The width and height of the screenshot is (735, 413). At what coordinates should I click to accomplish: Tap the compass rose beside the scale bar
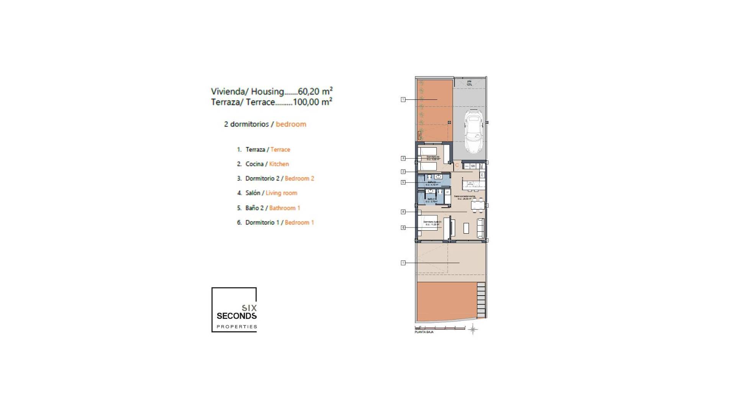click(x=473, y=329)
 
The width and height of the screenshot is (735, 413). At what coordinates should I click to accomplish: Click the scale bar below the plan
click(x=440, y=328)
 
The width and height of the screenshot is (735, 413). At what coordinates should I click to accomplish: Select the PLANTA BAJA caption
click(x=424, y=332)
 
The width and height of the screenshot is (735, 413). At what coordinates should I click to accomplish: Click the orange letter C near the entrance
click(x=457, y=165)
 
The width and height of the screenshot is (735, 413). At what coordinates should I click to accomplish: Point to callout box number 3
click(x=403, y=158)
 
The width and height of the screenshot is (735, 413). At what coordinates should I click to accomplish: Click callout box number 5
click(x=403, y=182)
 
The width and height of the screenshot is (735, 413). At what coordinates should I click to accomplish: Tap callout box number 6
click(x=403, y=228)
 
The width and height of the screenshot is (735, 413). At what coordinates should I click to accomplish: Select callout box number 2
click(x=403, y=172)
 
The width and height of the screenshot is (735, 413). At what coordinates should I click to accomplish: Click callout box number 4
click(x=403, y=212)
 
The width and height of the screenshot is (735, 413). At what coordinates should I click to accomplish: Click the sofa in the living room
click(x=480, y=228)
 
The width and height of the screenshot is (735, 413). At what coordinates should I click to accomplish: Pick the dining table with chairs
click(x=478, y=206)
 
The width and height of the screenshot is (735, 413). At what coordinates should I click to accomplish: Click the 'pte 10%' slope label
click(x=469, y=83)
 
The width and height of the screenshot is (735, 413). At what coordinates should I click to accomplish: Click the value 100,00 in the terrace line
click(x=306, y=102)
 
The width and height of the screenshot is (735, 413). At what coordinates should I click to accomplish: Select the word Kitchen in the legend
click(x=279, y=164)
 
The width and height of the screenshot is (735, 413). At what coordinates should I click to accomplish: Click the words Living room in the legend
click(x=281, y=193)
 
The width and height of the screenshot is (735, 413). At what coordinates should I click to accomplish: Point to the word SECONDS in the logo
click(x=237, y=316)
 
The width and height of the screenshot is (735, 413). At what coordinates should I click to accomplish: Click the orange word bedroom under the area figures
click(x=291, y=124)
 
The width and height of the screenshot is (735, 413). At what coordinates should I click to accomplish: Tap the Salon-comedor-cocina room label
click(x=464, y=197)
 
